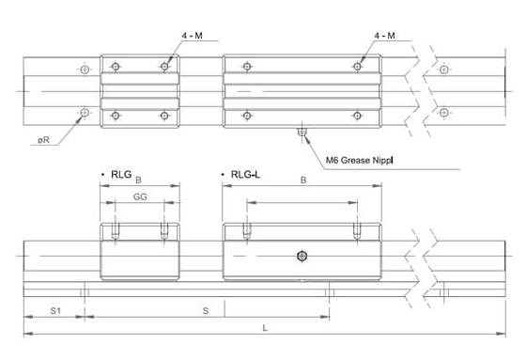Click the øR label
43,140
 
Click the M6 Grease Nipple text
359,160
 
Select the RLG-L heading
245,175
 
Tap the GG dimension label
140,196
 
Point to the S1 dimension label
55,311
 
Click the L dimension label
265,328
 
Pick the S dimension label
206,311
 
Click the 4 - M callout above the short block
192,36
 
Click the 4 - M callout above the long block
384,36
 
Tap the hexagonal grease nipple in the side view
302,257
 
